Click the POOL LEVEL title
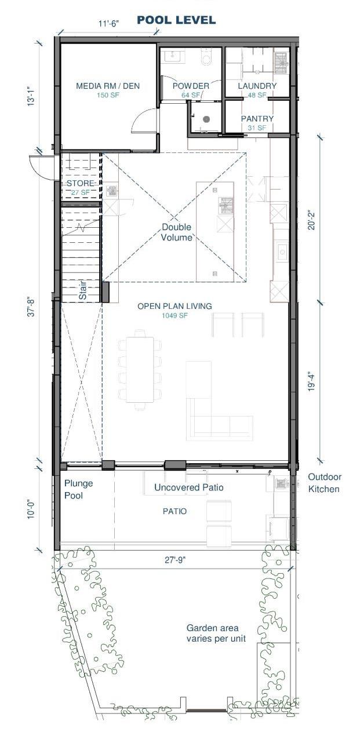point(176,20)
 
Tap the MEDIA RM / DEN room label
point(108,86)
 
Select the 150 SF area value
point(108,95)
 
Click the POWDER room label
point(191,86)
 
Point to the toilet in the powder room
point(206,57)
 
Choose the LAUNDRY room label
point(257,86)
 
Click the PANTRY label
point(257,119)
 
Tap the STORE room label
point(81,183)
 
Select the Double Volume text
point(177,232)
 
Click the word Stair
point(83,290)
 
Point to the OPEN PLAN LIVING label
point(174,306)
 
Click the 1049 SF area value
point(174,315)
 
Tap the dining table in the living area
point(140,370)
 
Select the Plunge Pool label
point(78,490)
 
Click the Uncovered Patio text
point(189,487)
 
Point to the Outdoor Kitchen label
point(325,483)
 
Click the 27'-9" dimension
point(175,560)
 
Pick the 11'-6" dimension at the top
point(108,23)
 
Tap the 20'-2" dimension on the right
point(312,220)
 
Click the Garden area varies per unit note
point(216,633)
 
